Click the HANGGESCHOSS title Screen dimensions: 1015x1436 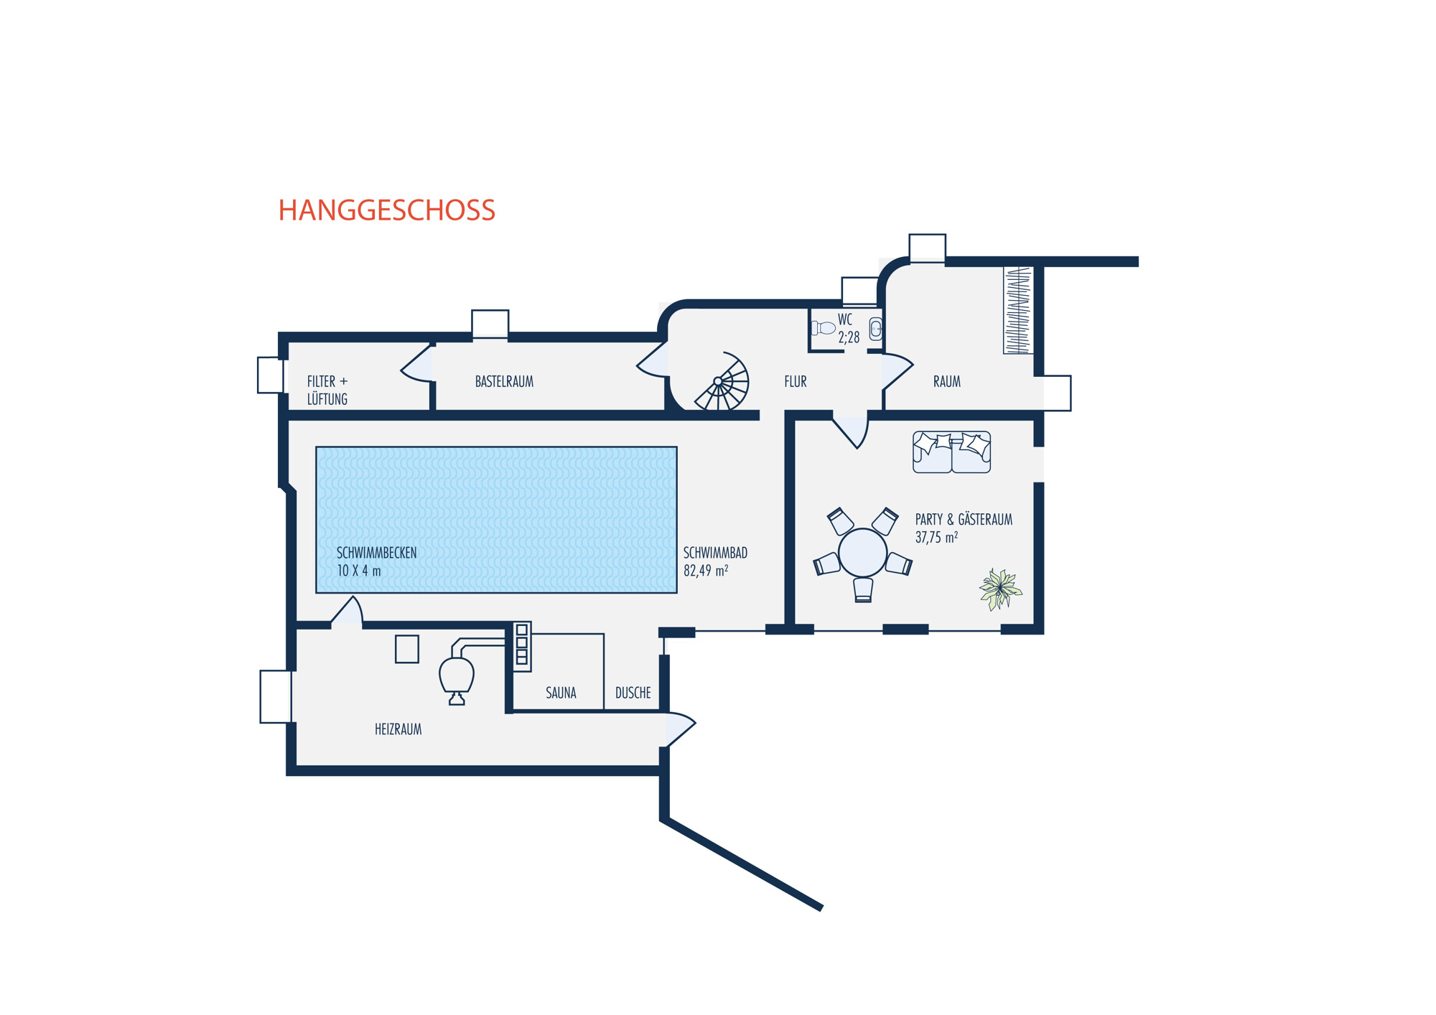[x=386, y=210]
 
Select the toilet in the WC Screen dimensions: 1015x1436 [x=824, y=328]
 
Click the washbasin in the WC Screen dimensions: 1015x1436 [x=875, y=329]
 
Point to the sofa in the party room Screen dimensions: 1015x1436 [x=951, y=452]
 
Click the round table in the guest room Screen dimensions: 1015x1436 [x=862, y=553]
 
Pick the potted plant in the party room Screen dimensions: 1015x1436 [x=999, y=589]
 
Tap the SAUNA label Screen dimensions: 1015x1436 [x=561, y=693]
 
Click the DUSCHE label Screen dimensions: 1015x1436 [x=633, y=693]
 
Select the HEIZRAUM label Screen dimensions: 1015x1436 [x=398, y=729]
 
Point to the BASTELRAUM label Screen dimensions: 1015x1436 [x=504, y=382]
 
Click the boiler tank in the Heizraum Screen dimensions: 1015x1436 [x=457, y=675]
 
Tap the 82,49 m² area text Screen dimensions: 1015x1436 [x=705, y=571]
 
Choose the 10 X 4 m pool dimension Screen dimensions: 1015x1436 [x=359, y=571]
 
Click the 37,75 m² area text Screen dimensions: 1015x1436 [x=936, y=537]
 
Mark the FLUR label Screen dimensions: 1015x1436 [x=795, y=382]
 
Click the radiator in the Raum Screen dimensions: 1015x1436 [x=1018, y=310]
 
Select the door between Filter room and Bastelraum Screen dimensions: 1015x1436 [x=419, y=366]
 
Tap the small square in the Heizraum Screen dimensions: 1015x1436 [x=407, y=650]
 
